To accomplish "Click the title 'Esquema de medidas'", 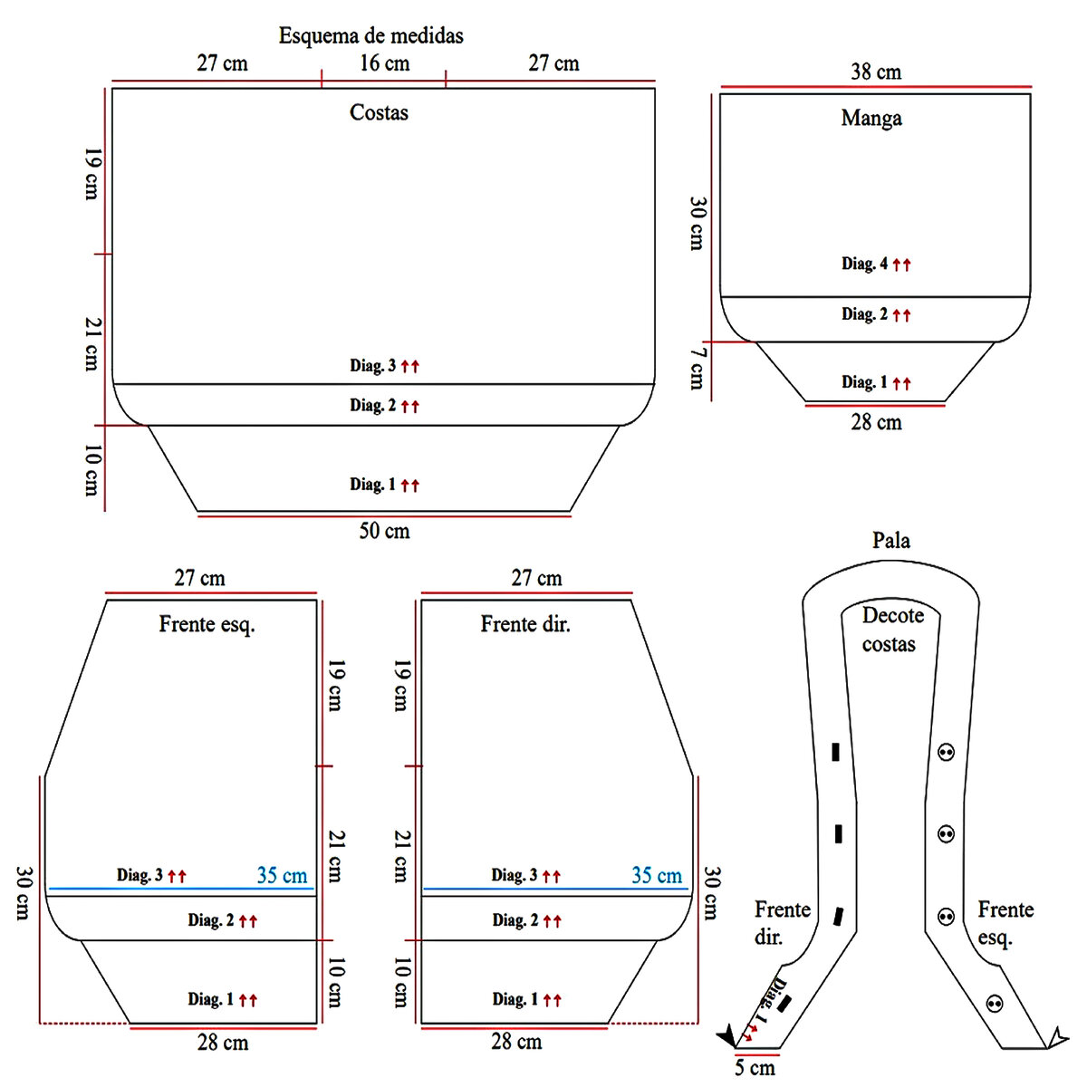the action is pos(370,35).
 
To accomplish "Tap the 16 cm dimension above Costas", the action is pos(385,63).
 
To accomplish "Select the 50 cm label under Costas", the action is pos(384,531).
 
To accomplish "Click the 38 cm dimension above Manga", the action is pos(876,72).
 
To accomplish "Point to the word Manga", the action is pos(871,118).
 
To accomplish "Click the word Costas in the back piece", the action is pos(379,112).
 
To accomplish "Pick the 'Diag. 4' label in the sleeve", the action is pos(864,264).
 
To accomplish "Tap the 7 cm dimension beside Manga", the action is pos(697,368).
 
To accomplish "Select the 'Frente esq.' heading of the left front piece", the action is pos(207,624).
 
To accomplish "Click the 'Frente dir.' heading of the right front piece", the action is pos(525,624).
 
